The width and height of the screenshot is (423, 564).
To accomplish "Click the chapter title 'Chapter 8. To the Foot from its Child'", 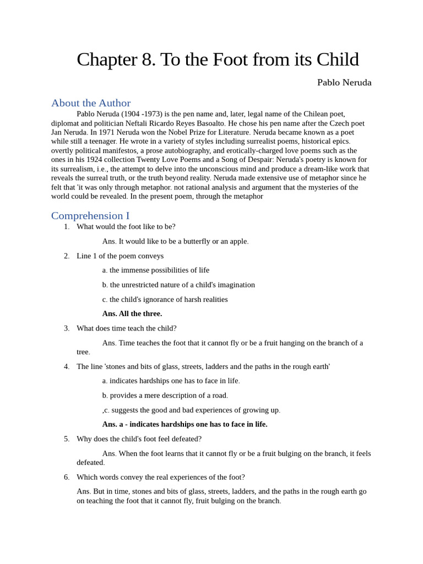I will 218,59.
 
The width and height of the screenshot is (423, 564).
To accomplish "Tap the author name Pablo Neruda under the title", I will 344,83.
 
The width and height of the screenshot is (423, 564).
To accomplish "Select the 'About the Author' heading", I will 91,103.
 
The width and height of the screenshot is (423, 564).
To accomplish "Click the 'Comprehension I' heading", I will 90,215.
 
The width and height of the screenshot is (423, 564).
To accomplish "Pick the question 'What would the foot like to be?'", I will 126,226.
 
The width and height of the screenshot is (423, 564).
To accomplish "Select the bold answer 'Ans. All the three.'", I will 132,313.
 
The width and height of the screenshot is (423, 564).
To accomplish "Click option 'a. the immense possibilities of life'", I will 156,270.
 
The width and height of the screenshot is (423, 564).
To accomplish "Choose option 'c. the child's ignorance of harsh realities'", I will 165,299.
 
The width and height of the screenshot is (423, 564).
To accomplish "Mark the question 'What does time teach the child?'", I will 127,328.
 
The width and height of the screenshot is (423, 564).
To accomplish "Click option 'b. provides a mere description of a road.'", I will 165,395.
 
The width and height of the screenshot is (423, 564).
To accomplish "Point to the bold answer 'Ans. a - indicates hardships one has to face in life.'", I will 185,424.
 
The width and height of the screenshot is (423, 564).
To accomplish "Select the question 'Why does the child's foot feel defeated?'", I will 139,439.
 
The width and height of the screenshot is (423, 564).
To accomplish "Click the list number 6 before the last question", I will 67,477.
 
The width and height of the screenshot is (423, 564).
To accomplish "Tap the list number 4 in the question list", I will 67,366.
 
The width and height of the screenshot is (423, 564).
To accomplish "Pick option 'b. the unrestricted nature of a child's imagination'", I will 178,285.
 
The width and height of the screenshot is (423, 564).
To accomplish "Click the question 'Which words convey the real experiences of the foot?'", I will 161,477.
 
